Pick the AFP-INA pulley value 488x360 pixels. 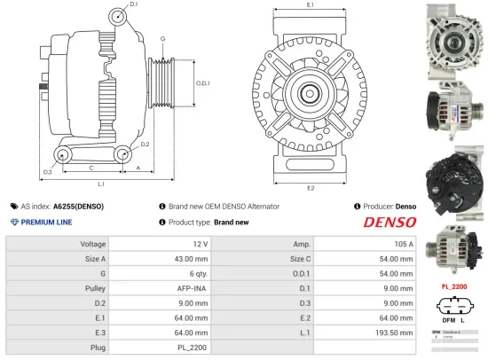(193, 288)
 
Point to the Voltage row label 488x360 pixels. (93, 243)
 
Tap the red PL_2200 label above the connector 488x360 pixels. (454, 286)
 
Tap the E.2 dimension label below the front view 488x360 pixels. (311, 187)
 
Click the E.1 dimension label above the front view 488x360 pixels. (310, 5)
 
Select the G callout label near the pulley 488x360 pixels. (162, 39)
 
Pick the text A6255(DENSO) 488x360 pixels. (78, 206)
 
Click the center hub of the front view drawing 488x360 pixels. (310, 91)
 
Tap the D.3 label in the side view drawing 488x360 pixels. (47, 171)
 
